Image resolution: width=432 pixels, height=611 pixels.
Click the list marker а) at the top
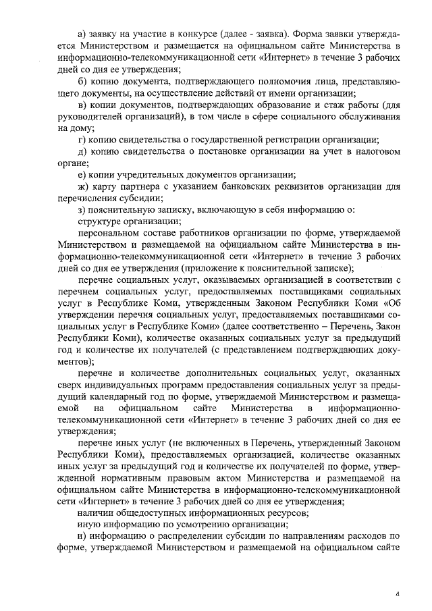[x=83, y=33]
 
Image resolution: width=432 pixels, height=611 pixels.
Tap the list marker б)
[x=83, y=82]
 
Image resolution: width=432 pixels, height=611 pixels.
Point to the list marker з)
[x=82, y=210]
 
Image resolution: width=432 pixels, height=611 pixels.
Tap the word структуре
[x=102, y=221]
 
